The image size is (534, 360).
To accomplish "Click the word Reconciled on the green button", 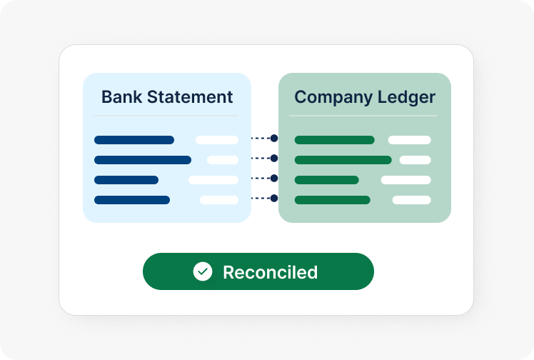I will (270, 272).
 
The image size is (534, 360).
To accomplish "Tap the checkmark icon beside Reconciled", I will (203, 271).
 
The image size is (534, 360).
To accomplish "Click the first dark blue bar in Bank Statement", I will (134, 140).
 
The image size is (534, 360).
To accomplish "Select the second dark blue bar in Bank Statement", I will (143, 160).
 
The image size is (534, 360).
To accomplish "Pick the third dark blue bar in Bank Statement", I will (126, 180).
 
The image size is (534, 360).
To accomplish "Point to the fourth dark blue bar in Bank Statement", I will (132, 200).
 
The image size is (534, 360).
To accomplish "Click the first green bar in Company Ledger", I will (334, 140).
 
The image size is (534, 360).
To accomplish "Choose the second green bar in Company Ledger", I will (343, 160).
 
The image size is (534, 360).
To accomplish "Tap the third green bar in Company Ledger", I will (326, 180).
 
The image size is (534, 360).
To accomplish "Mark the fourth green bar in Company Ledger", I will (332, 200).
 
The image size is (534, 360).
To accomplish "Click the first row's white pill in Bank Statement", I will (217, 140).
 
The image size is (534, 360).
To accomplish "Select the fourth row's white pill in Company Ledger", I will (411, 200).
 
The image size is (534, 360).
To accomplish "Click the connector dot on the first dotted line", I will (274, 138).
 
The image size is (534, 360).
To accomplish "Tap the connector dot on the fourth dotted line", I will (274, 198).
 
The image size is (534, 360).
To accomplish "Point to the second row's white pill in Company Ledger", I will (415, 160).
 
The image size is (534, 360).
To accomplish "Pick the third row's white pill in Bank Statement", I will (213, 180).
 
